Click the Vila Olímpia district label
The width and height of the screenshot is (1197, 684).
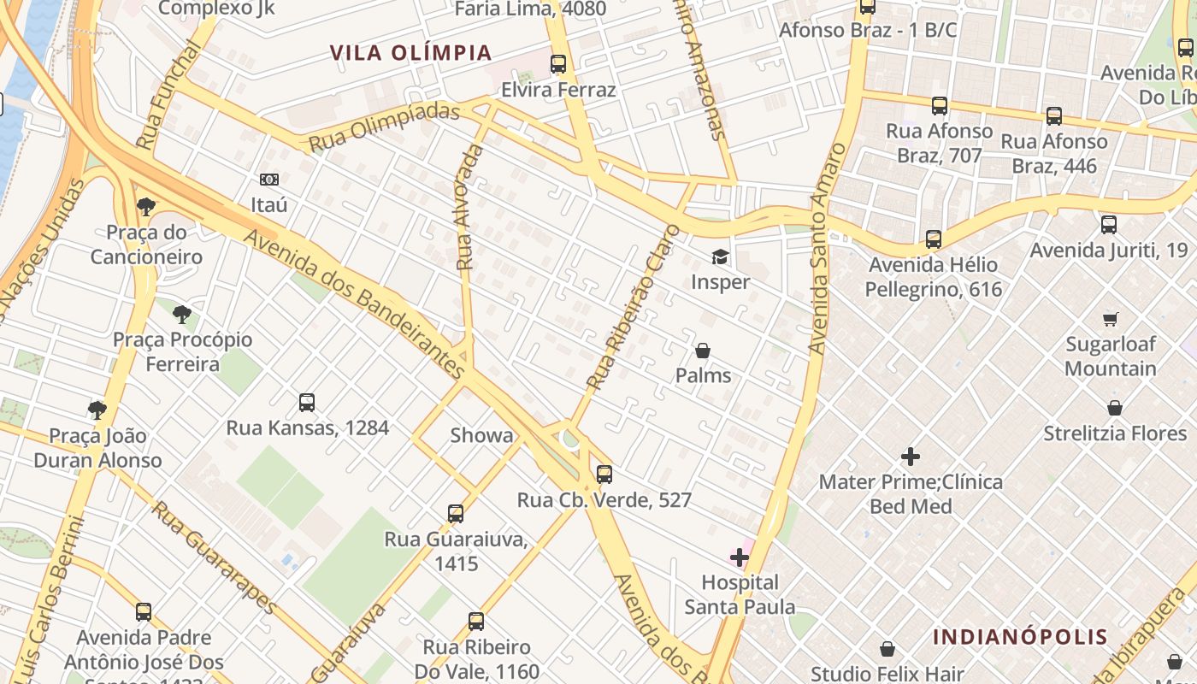click(411, 53)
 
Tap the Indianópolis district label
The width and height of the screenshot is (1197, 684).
click(1020, 637)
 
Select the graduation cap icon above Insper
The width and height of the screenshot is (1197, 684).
click(720, 256)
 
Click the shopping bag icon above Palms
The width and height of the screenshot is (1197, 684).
click(703, 351)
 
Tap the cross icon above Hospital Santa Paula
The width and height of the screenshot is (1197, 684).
click(740, 558)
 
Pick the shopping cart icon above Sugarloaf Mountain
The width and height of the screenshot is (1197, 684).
click(1110, 320)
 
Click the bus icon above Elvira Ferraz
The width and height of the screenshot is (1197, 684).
click(558, 64)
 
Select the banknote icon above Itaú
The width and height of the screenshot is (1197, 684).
click(269, 180)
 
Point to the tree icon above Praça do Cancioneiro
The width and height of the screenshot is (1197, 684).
click(146, 206)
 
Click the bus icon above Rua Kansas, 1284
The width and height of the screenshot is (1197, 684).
click(307, 403)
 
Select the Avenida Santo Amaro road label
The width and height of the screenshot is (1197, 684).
click(826, 248)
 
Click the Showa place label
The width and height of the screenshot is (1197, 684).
click(482, 435)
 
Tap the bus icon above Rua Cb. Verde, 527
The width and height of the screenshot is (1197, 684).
click(604, 475)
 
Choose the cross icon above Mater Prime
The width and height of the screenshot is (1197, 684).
click(911, 457)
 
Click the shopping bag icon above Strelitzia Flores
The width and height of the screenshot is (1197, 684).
click(1115, 408)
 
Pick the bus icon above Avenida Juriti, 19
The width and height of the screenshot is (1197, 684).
click(1109, 225)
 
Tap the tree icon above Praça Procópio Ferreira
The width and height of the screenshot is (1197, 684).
click(181, 315)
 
